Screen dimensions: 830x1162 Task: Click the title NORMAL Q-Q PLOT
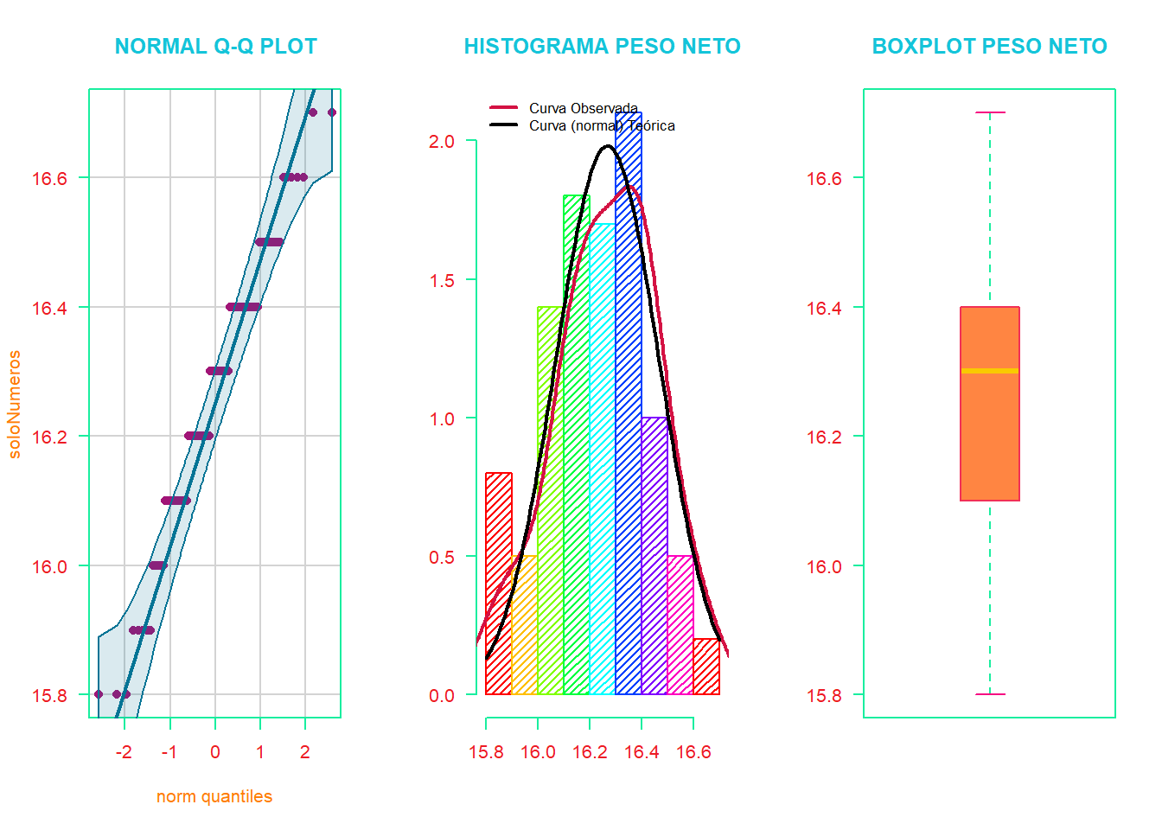216,47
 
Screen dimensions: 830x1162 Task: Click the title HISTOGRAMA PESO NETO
602,47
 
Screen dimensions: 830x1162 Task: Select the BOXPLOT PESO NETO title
989,47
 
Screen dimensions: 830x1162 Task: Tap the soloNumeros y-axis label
15,404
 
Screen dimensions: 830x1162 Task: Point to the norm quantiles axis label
214,796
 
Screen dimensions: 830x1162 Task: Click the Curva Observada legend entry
583,108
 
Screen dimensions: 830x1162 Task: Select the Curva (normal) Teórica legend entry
602,125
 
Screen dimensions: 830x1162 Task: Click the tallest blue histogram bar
629,432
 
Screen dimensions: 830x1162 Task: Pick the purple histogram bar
654,562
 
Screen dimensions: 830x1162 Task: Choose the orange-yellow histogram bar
525,627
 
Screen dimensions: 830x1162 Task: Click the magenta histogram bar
680,627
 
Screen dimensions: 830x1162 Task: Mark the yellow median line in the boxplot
990,371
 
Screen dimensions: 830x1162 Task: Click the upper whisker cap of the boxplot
990,112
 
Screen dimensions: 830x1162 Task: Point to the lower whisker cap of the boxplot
990,694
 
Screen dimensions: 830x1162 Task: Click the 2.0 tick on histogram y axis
442,141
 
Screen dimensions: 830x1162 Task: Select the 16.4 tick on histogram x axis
642,752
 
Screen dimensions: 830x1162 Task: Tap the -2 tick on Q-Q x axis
124,752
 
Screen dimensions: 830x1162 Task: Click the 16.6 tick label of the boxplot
824,178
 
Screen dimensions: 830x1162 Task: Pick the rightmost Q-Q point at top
332,112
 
